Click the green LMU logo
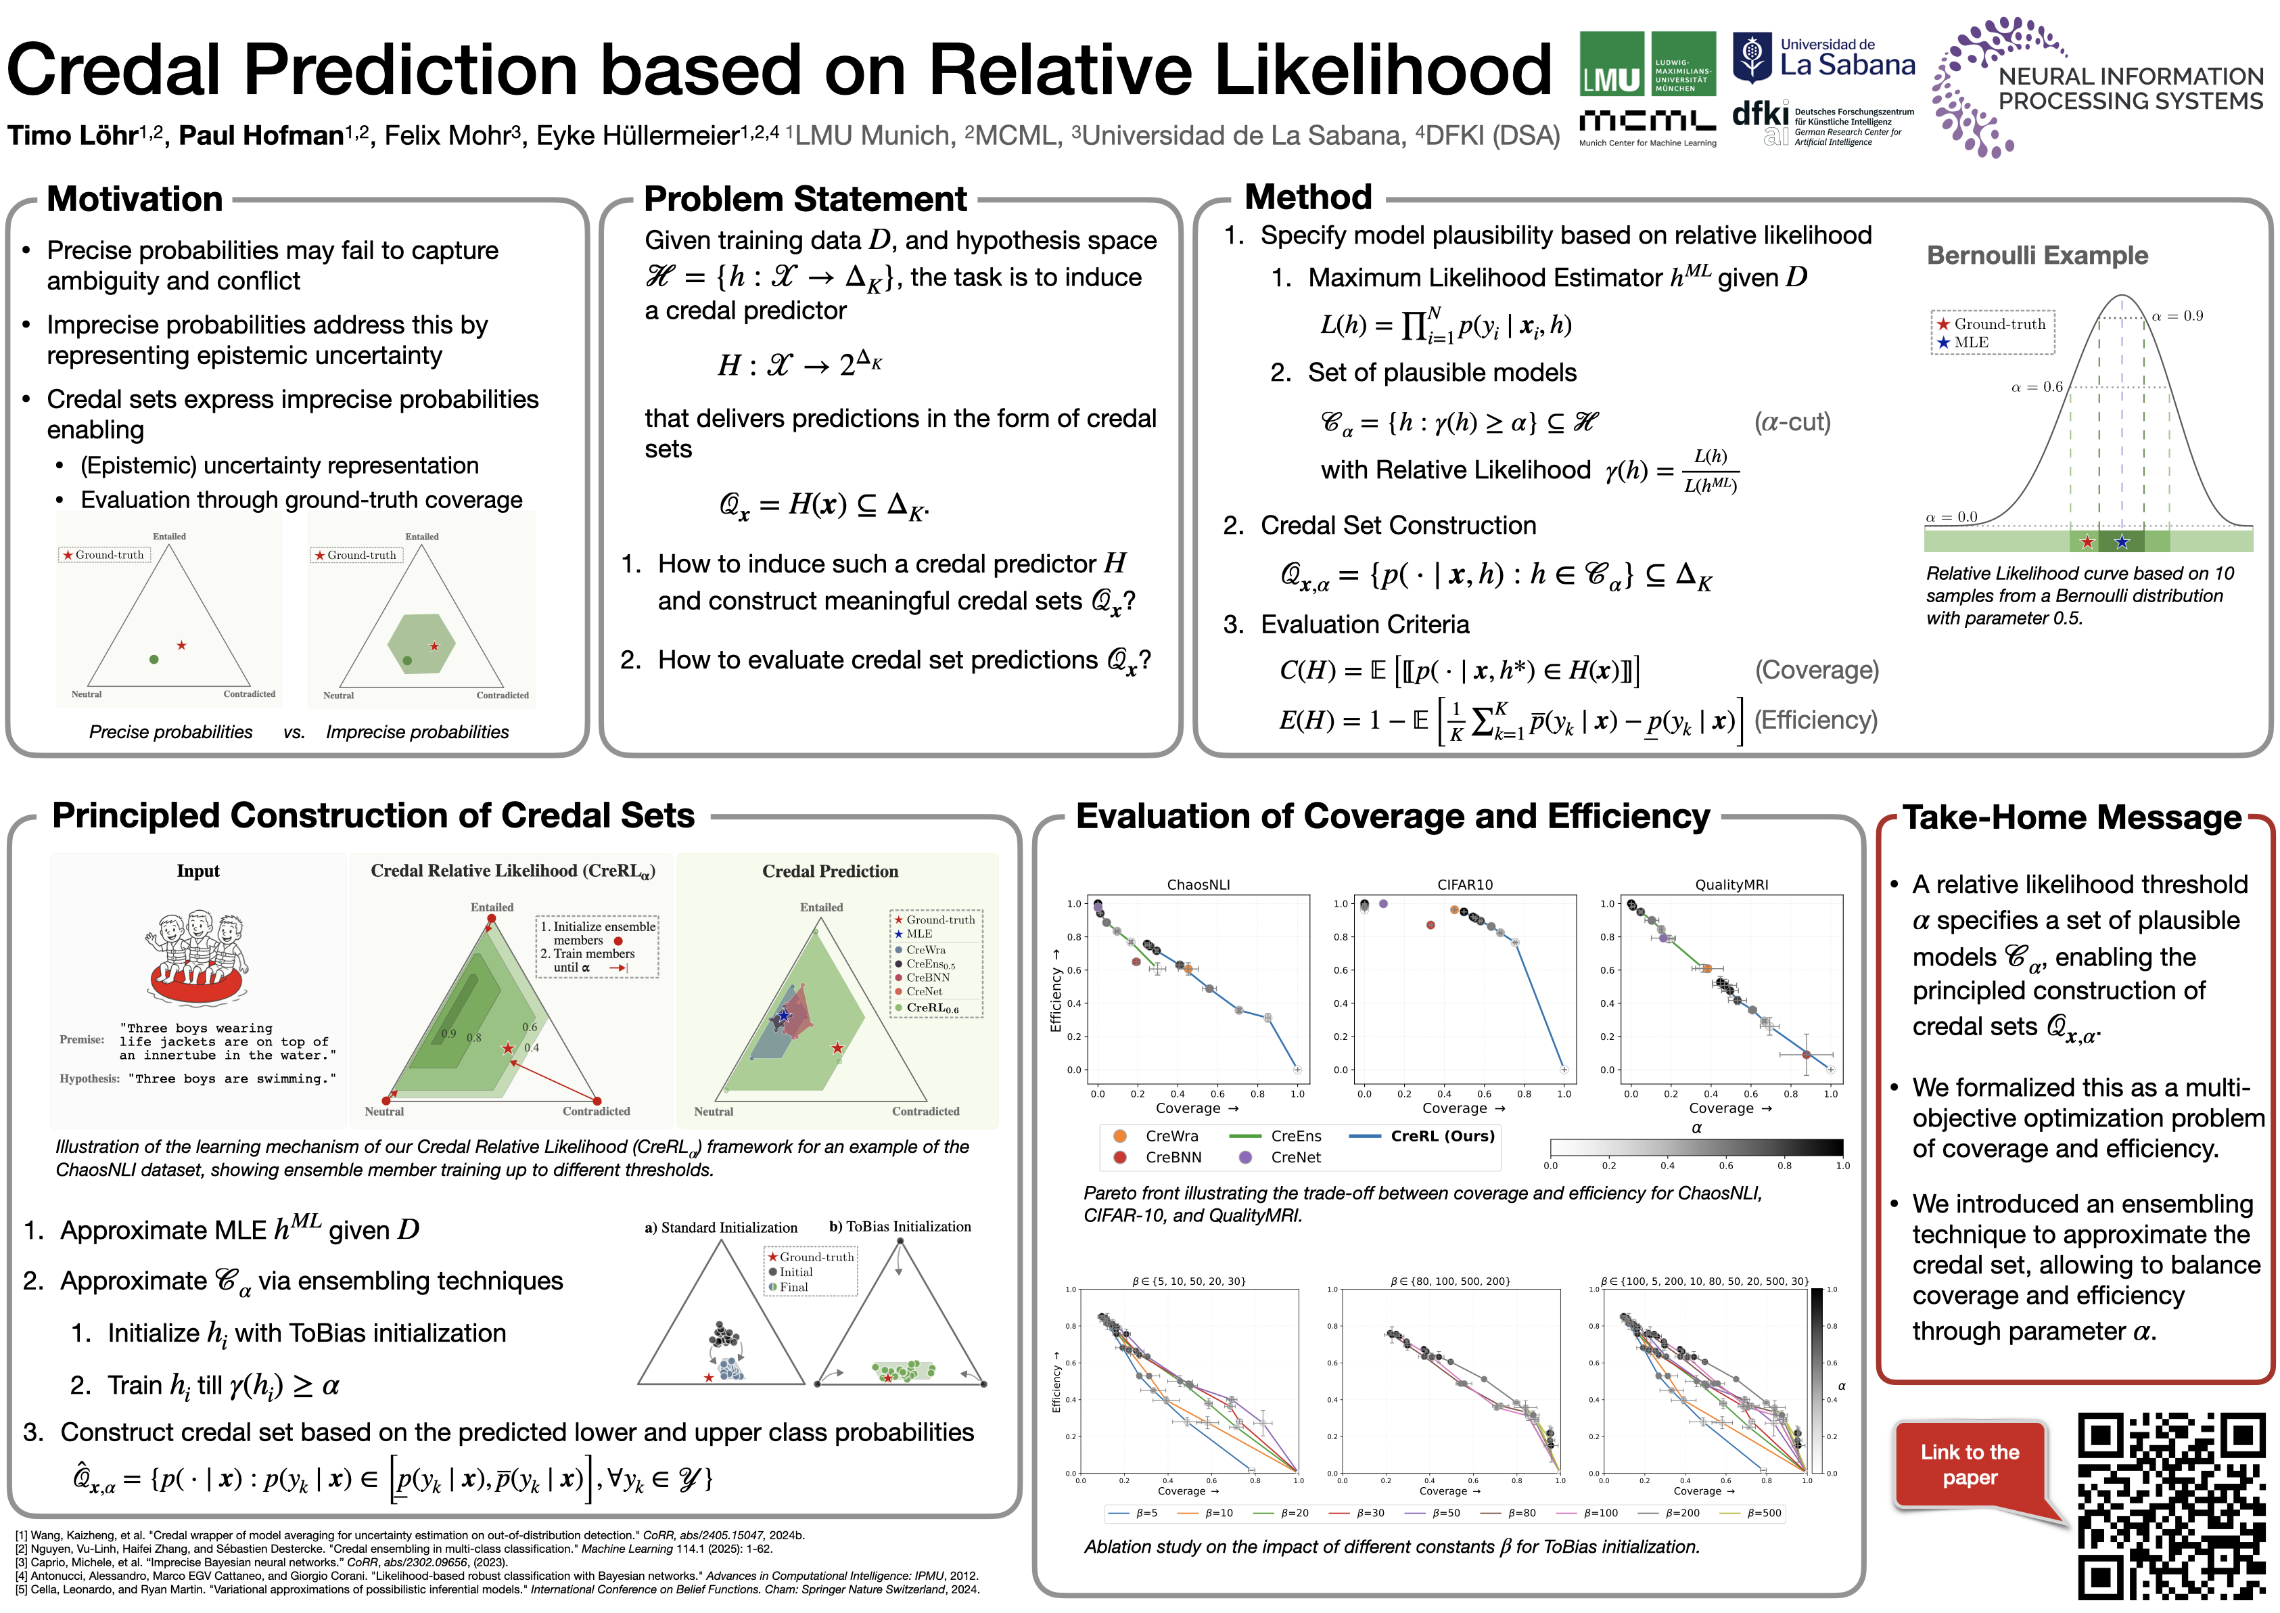[x=1648, y=64]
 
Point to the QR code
[x=2170, y=1505]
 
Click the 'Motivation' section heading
[x=135, y=200]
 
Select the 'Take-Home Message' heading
[x=2072, y=817]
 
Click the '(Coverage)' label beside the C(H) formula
[x=1816, y=671]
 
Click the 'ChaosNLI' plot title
[x=1198, y=885]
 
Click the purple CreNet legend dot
[x=1245, y=1157]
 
